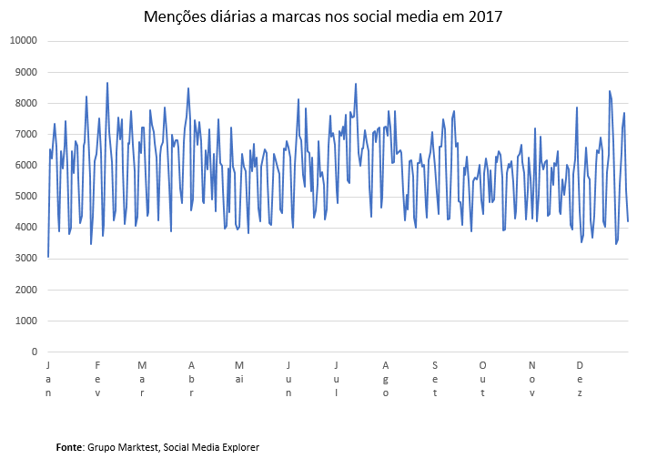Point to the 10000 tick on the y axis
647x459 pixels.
tap(22, 41)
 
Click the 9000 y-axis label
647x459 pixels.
tap(25, 72)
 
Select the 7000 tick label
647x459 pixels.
tap(25, 134)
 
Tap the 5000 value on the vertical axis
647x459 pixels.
tap(25, 197)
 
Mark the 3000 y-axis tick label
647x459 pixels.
tap(25, 259)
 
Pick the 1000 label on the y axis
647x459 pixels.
tap(25, 321)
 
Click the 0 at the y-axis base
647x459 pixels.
tap(34, 352)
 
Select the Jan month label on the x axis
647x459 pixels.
tap(48, 379)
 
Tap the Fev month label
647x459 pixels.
tap(97, 379)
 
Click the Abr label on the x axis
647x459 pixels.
tap(191, 379)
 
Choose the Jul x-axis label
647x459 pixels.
tap(337, 379)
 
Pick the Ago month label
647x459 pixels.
tap(386, 379)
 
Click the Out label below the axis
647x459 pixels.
tap(483, 379)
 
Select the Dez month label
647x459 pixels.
tap(580, 379)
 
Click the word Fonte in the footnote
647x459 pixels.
tap(69, 447)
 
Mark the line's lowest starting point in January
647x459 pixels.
tap(48, 257)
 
